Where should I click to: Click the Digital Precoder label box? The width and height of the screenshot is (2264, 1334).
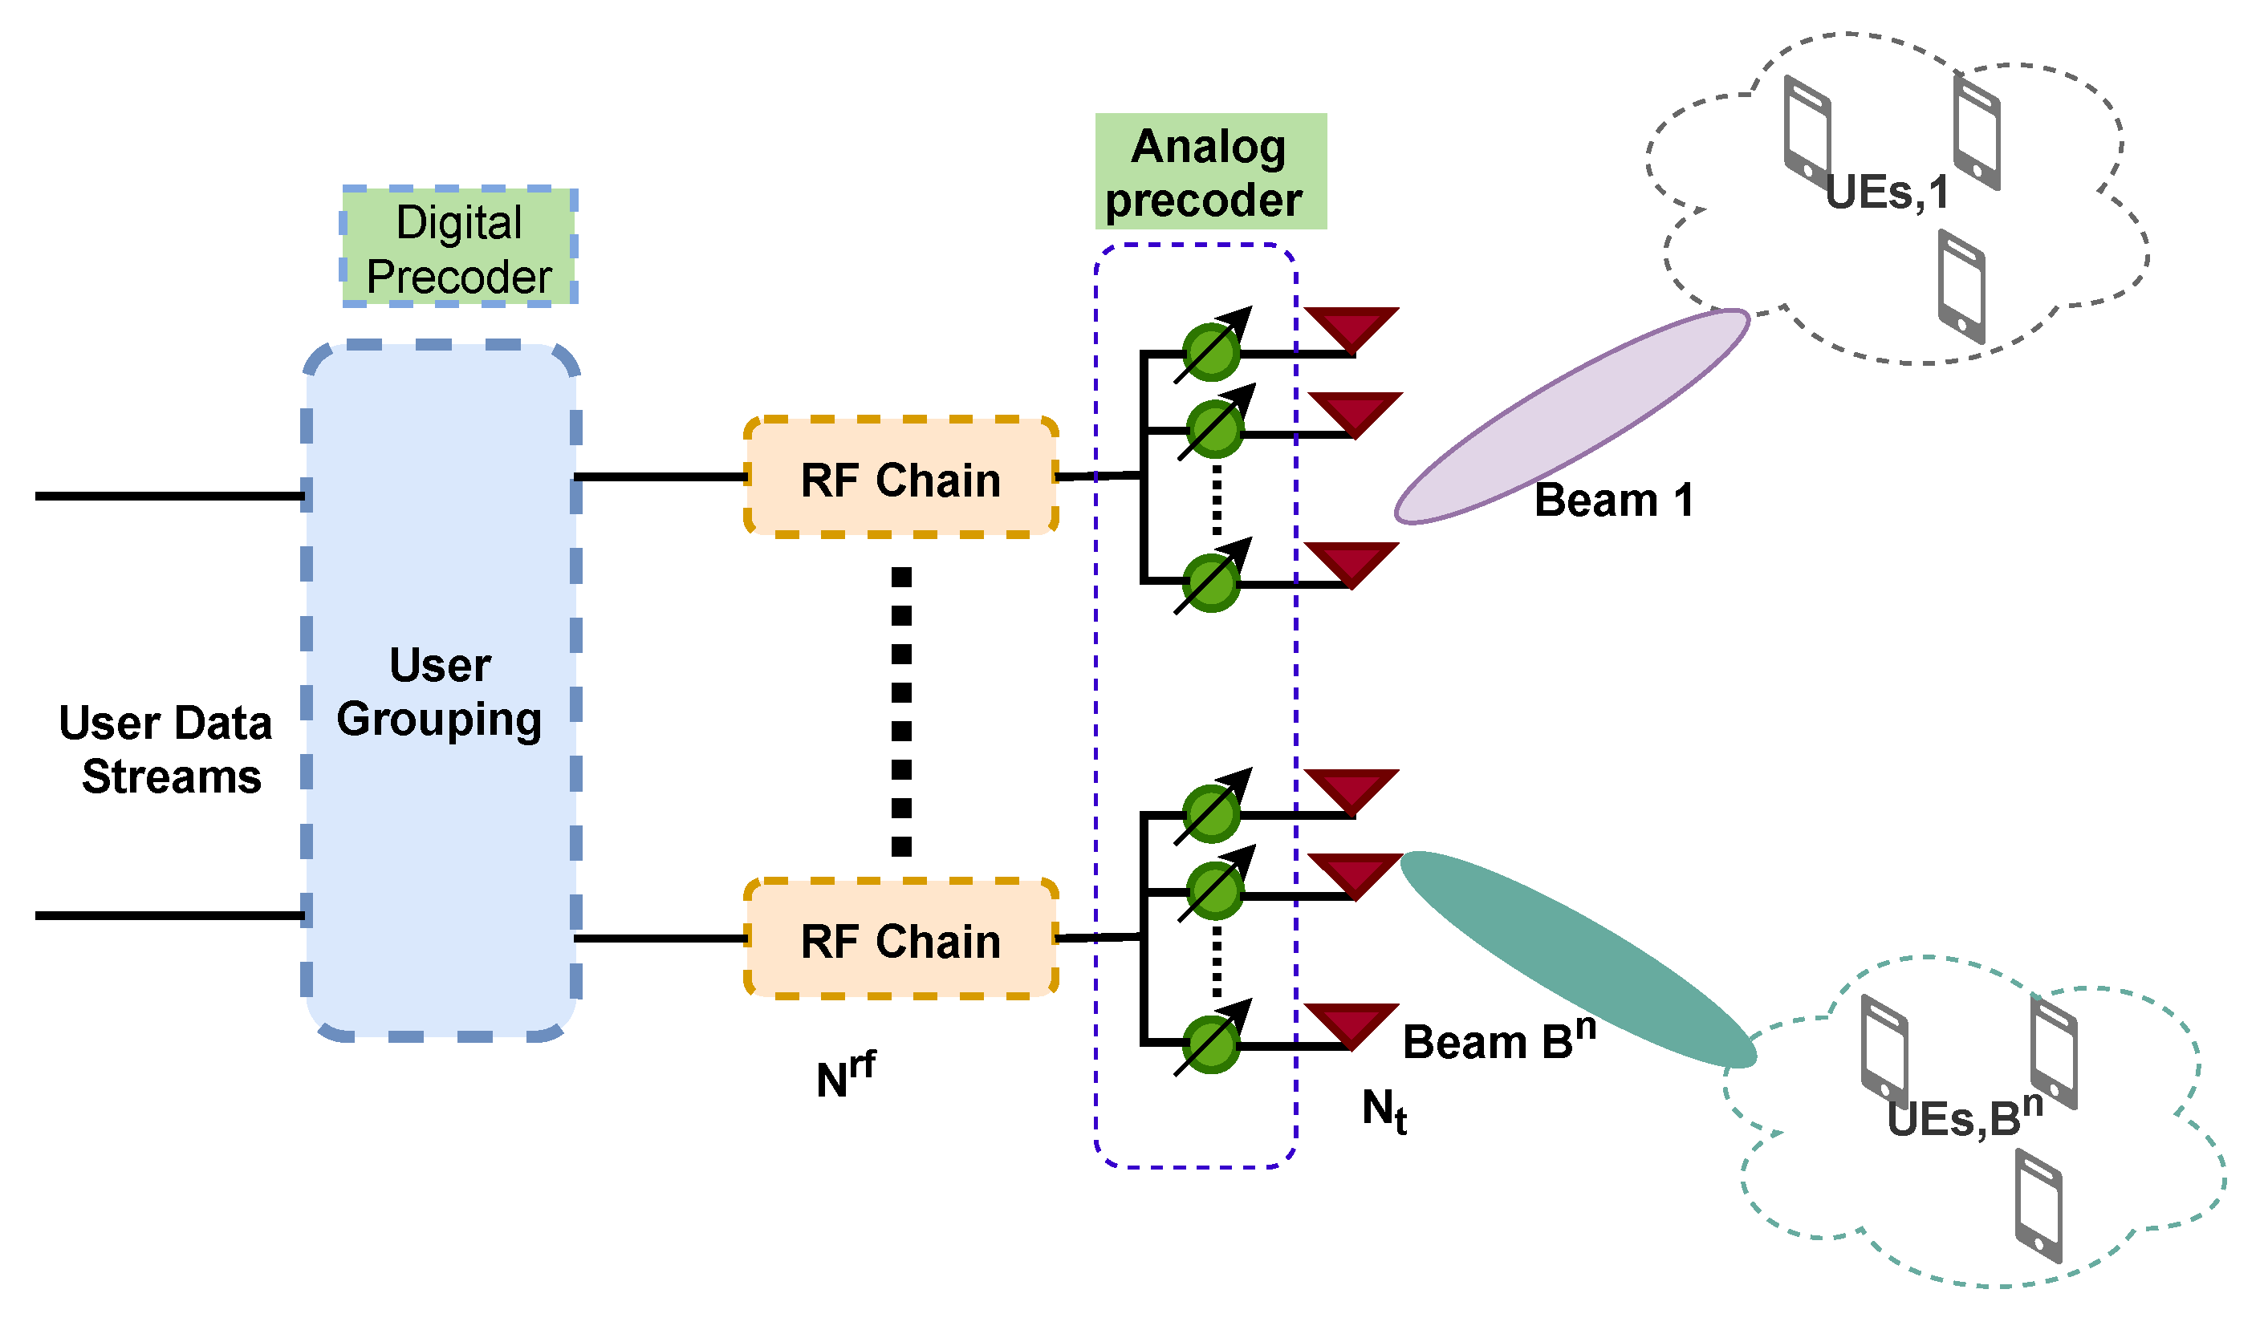point(459,248)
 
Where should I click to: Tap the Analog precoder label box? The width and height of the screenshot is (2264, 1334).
point(1211,172)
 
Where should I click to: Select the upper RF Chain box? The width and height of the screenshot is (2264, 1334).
point(901,478)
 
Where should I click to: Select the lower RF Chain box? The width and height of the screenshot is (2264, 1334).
point(901,940)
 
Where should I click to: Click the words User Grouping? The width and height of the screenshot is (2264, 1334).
point(440,691)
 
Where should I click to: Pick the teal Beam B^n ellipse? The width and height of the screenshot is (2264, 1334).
point(1578,959)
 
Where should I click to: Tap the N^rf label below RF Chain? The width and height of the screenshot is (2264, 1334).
point(845,1075)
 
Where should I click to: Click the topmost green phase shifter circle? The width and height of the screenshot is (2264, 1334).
point(1211,352)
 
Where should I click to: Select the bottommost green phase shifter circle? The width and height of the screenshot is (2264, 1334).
point(1211,1044)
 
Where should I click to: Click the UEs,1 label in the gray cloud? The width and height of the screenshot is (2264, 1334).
point(1886,193)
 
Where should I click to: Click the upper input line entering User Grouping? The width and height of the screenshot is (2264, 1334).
point(171,495)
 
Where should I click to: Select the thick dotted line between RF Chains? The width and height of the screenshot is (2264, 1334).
point(901,710)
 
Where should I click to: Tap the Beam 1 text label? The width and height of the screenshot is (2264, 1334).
point(1613,500)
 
